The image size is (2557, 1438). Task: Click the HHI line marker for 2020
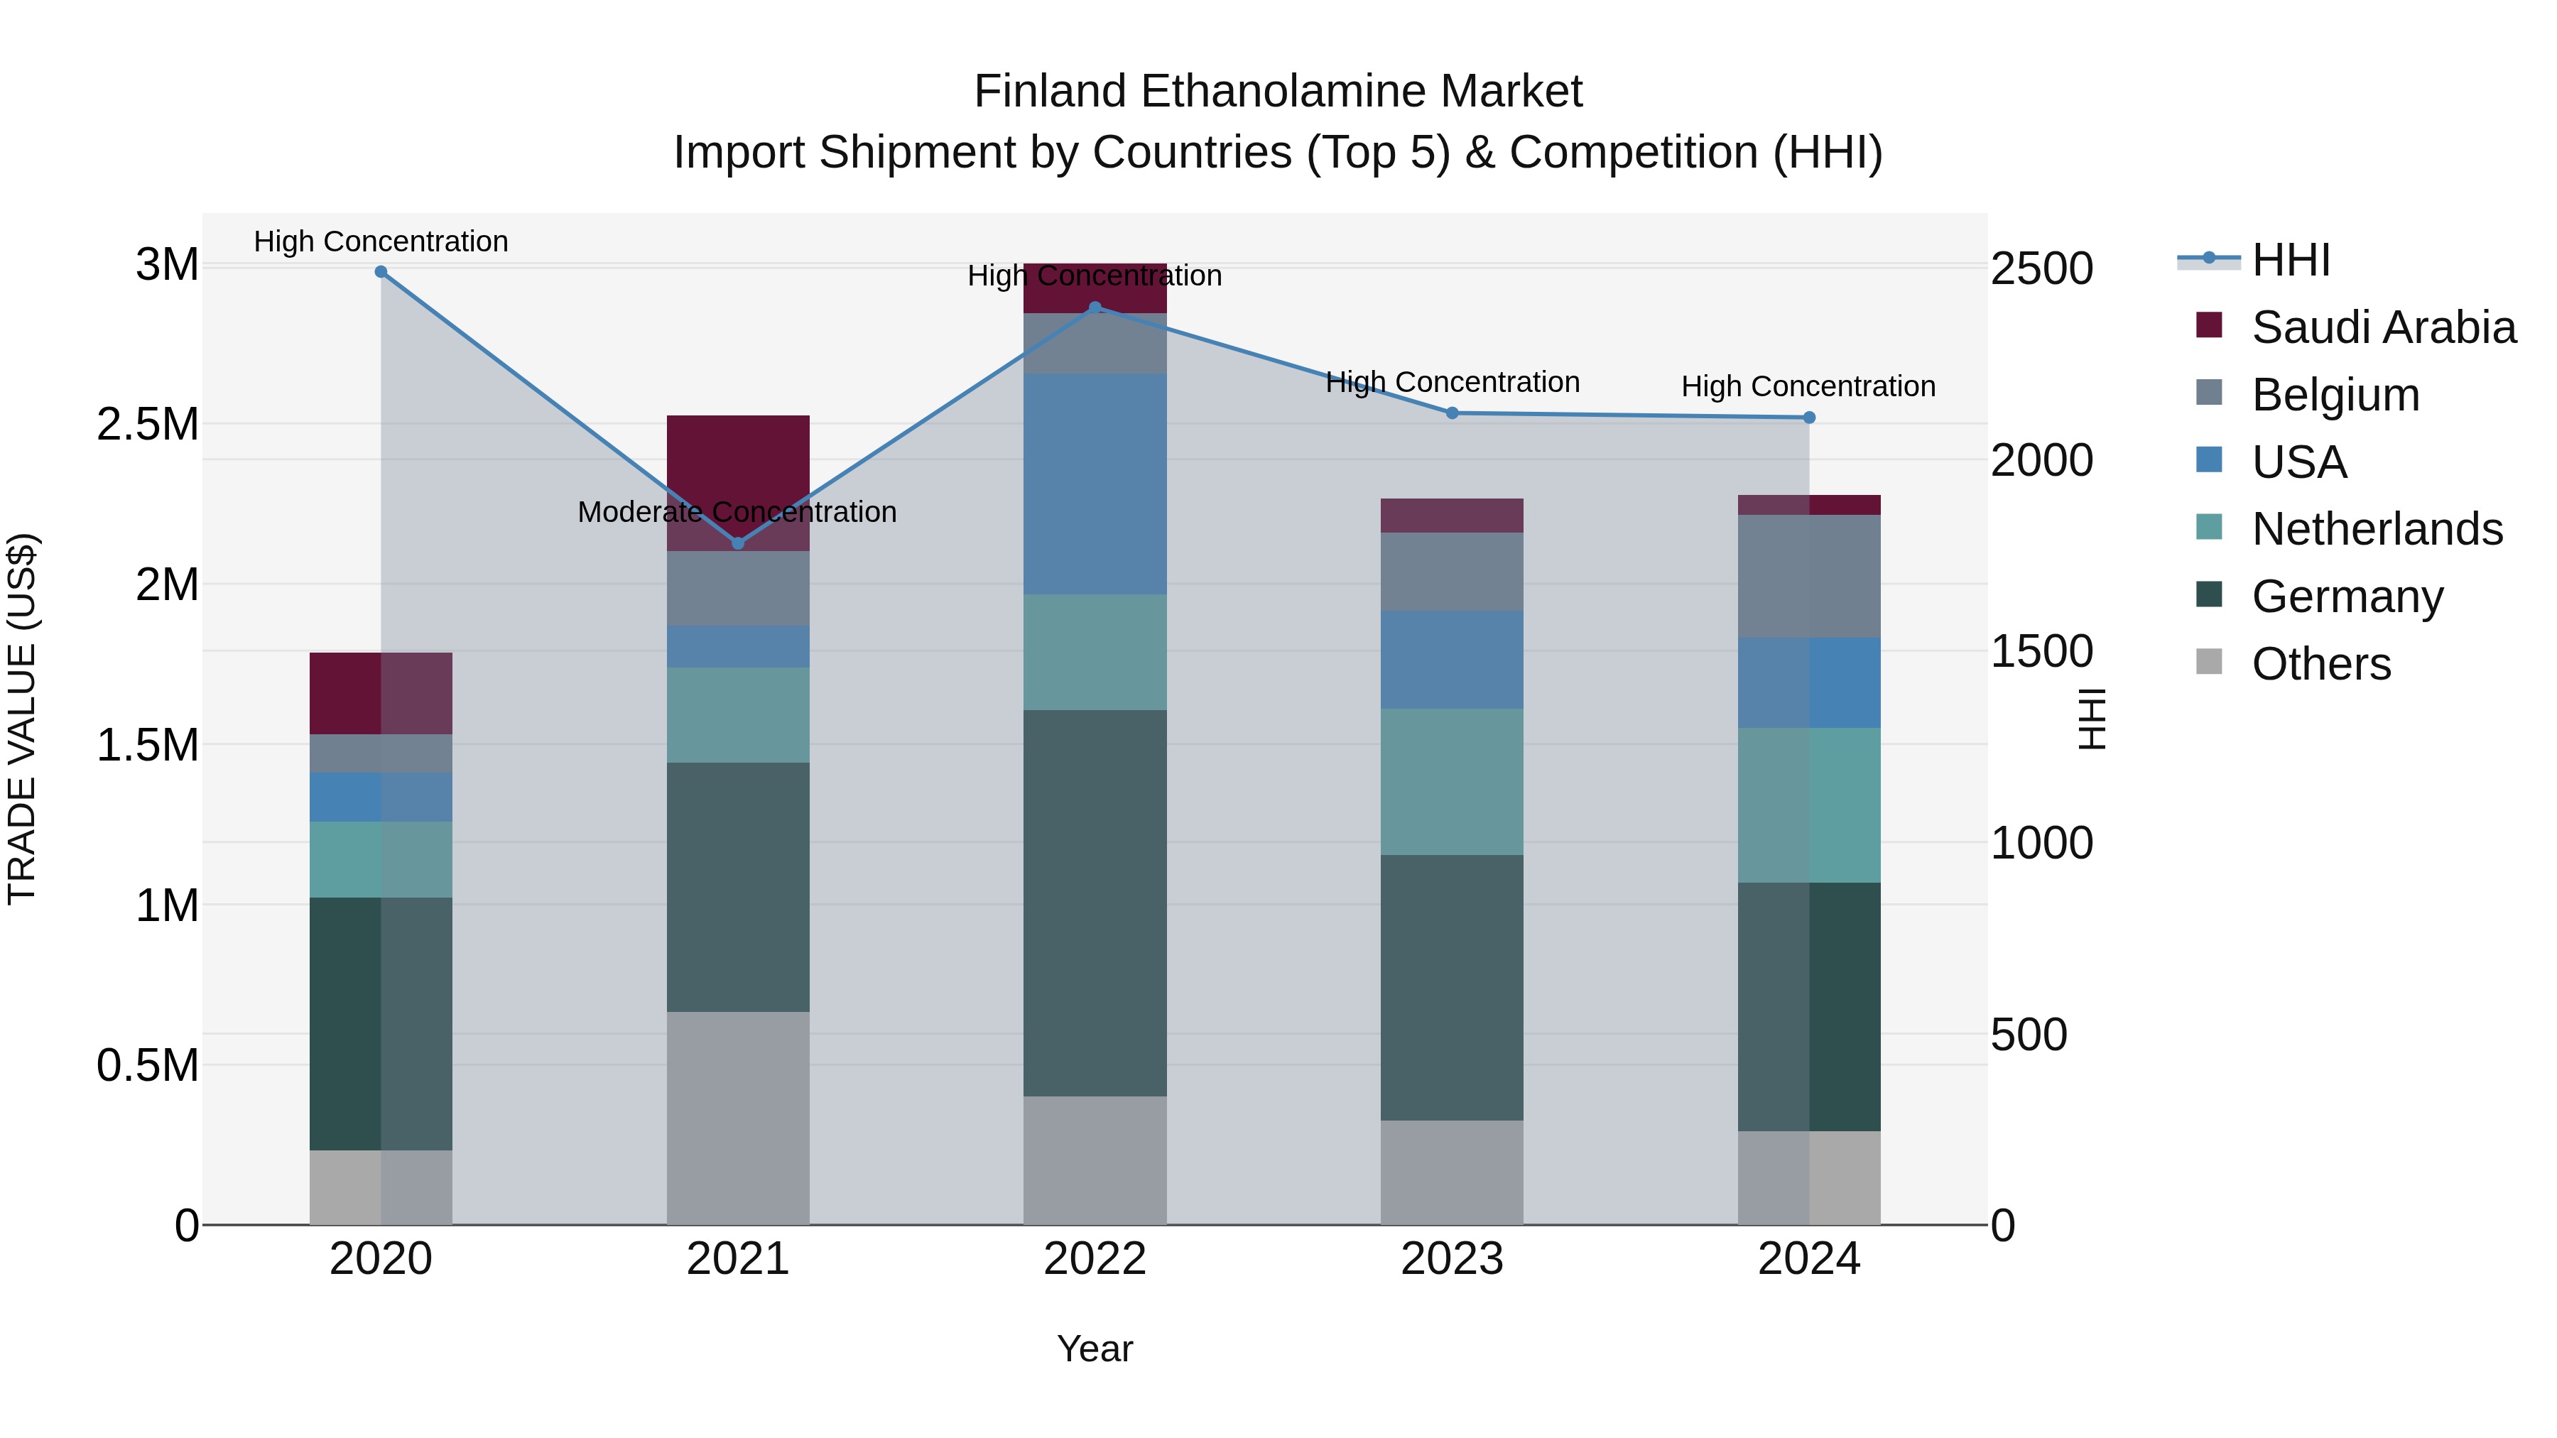(381, 272)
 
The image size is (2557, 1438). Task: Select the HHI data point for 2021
(737, 543)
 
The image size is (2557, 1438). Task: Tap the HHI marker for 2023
(1453, 413)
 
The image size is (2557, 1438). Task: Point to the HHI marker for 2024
(1808, 418)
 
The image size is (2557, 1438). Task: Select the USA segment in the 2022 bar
(1095, 484)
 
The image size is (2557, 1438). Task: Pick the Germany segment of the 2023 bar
(1453, 988)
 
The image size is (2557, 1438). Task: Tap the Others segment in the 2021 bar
(737, 1118)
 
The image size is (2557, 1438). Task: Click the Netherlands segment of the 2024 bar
(1808, 805)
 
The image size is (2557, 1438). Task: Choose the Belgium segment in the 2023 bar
(1453, 572)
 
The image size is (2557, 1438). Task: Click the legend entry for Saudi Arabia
(2382, 327)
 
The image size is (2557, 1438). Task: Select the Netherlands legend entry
(2377, 529)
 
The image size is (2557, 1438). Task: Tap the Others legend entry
(2320, 664)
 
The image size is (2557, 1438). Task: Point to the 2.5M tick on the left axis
(148, 425)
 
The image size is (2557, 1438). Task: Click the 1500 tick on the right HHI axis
(2042, 652)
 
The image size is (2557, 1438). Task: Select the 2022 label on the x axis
(1095, 1259)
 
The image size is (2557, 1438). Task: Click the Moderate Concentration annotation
(737, 512)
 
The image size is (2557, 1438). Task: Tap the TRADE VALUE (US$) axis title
(22, 719)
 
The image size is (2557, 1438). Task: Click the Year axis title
(1095, 1349)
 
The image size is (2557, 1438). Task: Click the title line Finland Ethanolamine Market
(1278, 92)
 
